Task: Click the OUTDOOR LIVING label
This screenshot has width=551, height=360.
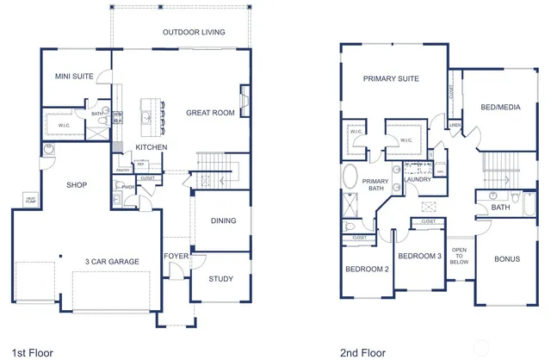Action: (194, 33)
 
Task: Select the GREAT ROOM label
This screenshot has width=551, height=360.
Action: (210, 113)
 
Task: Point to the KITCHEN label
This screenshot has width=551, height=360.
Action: (151, 148)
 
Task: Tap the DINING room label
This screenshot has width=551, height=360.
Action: (224, 221)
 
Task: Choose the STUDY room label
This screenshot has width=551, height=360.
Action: (221, 279)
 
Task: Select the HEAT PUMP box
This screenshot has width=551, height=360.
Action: (30, 200)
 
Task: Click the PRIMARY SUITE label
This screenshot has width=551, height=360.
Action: (391, 79)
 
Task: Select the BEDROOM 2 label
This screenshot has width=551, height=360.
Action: (368, 270)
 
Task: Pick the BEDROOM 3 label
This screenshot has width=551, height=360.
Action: (419, 257)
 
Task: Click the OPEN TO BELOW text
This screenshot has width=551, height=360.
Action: (459, 256)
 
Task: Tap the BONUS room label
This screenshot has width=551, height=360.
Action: (506, 258)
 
